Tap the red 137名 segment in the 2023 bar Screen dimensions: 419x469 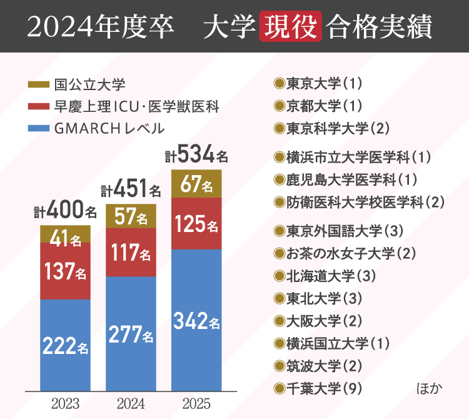click(x=65, y=271)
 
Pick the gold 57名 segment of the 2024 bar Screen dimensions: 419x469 click(x=131, y=216)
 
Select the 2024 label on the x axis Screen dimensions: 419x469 click(x=131, y=403)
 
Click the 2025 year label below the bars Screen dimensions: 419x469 click(x=196, y=403)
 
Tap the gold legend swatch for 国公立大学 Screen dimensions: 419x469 click(x=39, y=84)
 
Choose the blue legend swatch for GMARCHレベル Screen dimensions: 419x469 click(x=39, y=129)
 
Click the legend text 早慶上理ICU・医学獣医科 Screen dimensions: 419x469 click(x=136, y=106)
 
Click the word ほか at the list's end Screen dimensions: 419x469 click(x=429, y=388)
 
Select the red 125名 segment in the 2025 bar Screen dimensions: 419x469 click(x=196, y=223)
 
